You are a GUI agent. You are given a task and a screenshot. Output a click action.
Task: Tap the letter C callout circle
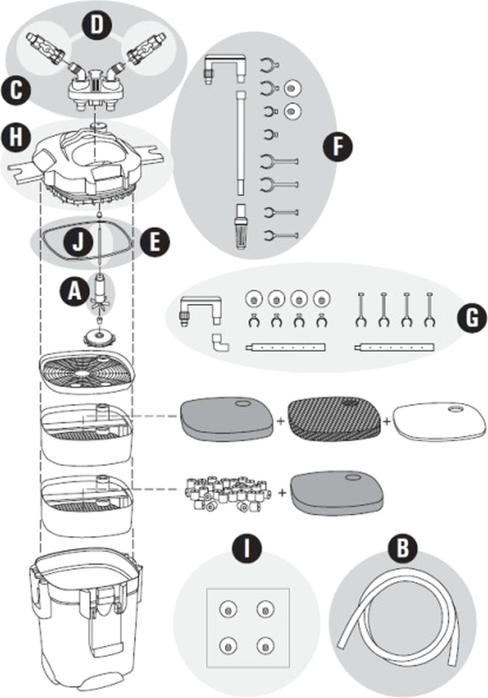tap(16, 90)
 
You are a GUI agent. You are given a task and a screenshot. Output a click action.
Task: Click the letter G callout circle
tap(472, 318)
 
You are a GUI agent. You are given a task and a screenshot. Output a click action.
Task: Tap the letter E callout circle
tap(155, 242)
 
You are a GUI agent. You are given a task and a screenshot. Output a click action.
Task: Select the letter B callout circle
tap(402, 548)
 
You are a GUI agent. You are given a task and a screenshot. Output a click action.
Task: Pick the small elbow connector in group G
tap(219, 343)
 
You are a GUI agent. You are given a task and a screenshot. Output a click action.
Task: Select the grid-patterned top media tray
tap(88, 372)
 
